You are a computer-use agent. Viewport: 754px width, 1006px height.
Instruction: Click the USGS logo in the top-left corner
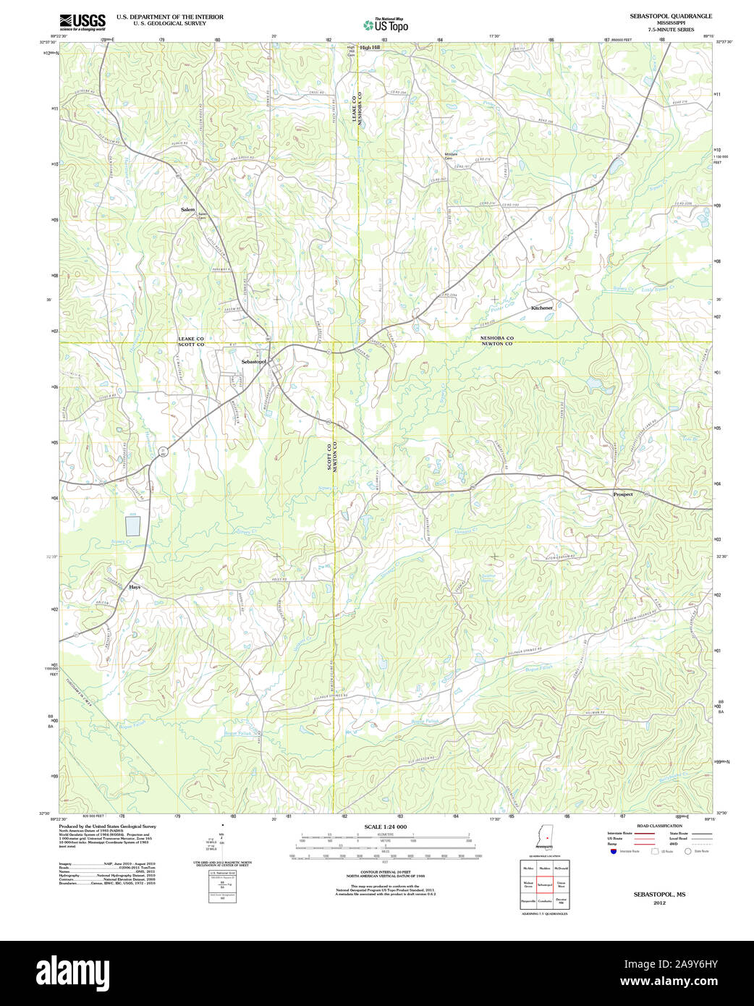[82, 21]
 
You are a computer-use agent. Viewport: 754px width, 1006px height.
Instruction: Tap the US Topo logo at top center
[385, 25]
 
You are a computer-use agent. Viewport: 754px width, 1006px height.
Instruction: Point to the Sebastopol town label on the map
[253, 361]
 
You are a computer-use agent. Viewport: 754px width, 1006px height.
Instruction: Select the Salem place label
[188, 209]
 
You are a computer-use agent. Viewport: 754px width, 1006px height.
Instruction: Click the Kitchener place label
[541, 308]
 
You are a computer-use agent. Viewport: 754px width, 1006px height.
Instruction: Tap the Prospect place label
[622, 494]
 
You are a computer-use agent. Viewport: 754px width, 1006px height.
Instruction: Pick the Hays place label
[135, 587]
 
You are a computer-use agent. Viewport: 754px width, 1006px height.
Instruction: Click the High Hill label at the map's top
[370, 47]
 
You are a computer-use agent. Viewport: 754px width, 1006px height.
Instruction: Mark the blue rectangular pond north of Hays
[133, 525]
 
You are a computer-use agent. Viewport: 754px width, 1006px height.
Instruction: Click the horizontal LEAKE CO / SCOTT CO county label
[191, 342]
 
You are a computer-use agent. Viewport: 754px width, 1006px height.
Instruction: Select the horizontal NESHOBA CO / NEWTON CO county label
[496, 341]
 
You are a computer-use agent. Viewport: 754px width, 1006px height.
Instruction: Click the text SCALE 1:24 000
[385, 827]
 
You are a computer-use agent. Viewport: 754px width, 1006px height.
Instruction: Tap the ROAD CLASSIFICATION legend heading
[658, 826]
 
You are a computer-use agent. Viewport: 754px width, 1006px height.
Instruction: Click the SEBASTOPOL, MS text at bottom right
[659, 895]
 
